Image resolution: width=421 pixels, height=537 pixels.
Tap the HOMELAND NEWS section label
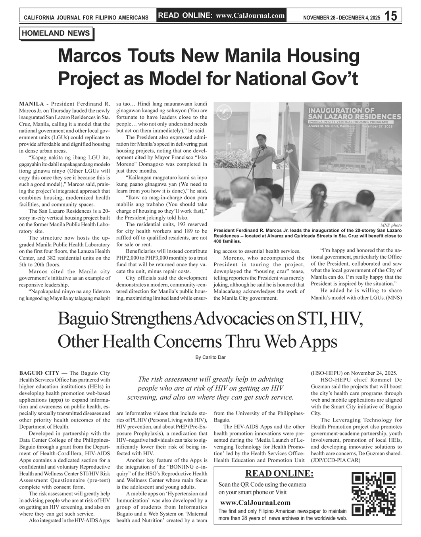point(56,33)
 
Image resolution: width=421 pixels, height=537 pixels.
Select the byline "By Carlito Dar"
point(210,357)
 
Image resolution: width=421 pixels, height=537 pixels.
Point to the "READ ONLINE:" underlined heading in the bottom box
point(279,473)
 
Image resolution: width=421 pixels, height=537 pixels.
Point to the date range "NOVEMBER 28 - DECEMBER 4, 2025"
point(341,17)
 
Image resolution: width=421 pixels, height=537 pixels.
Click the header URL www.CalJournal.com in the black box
point(250,15)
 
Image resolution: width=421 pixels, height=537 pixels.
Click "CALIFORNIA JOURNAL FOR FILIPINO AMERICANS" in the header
point(86,17)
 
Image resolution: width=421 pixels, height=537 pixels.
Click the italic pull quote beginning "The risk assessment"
point(210,388)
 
